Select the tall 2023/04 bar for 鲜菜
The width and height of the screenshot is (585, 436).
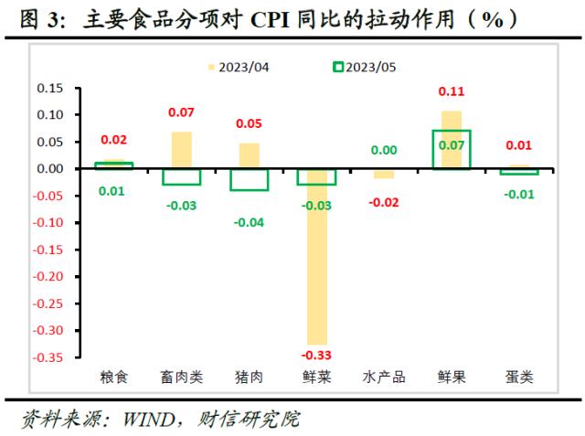(x=316, y=256)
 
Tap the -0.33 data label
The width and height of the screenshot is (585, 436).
(x=316, y=354)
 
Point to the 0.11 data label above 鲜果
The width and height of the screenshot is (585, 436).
(x=452, y=91)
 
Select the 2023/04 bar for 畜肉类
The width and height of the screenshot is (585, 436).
(x=182, y=150)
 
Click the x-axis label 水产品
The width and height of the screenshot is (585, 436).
(x=384, y=377)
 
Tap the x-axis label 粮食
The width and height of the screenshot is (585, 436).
(x=114, y=377)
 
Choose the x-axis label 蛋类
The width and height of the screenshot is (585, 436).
(x=519, y=377)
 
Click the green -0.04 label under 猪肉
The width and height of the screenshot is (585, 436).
(x=249, y=222)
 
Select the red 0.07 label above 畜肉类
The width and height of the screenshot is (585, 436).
(x=182, y=112)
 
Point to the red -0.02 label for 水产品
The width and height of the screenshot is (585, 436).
(x=384, y=202)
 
